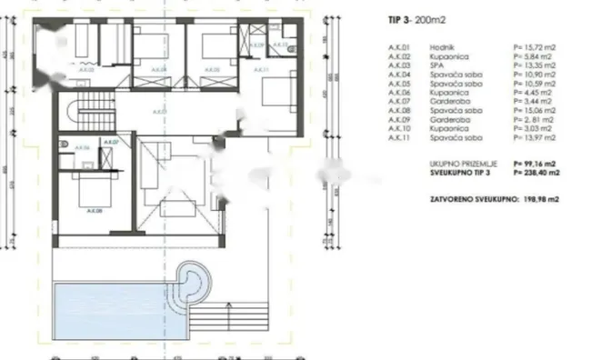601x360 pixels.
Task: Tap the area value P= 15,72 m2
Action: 536,45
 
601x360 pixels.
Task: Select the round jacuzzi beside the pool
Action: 190,279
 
